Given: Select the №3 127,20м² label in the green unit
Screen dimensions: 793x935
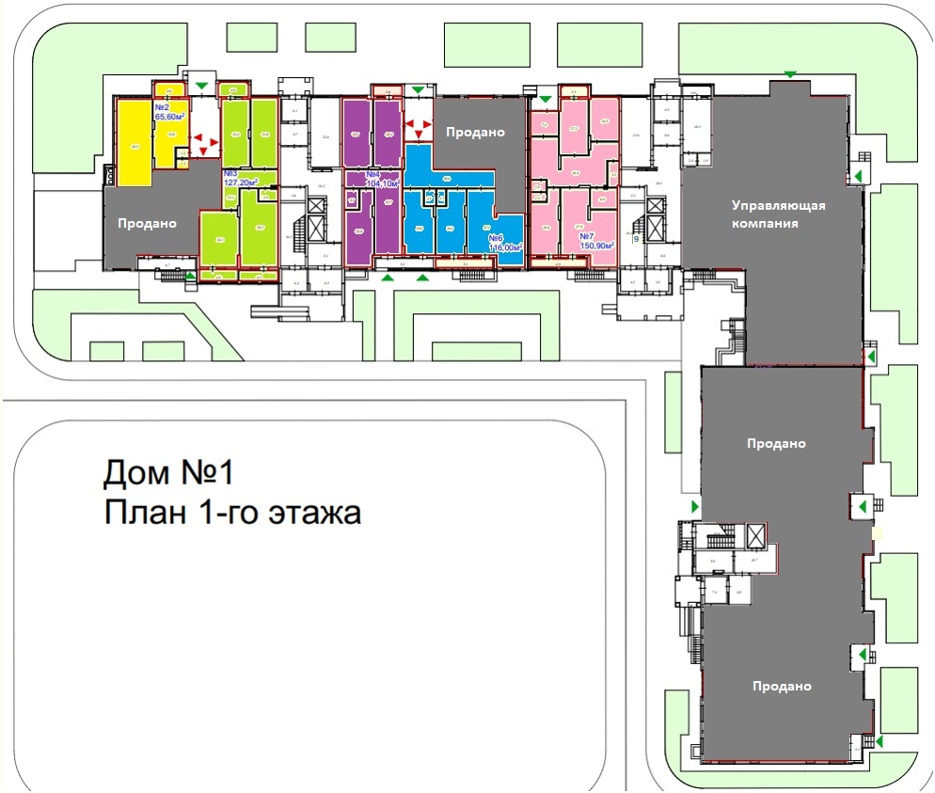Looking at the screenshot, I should (x=241, y=179).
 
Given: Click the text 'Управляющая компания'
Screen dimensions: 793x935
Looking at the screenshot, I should (x=780, y=214).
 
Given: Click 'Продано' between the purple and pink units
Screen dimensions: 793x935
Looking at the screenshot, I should (x=475, y=133).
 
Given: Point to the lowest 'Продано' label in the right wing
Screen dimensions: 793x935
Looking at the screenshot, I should (x=782, y=687).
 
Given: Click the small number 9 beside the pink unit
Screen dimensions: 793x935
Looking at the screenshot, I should (x=637, y=240).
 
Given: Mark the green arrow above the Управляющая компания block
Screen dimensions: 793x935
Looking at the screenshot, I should (x=790, y=73).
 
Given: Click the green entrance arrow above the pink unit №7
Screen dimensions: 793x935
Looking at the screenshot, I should (x=545, y=98).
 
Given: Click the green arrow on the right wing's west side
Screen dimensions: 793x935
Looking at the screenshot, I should (x=695, y=507).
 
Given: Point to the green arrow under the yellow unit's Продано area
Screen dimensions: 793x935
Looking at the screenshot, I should (x=192, y=276).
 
